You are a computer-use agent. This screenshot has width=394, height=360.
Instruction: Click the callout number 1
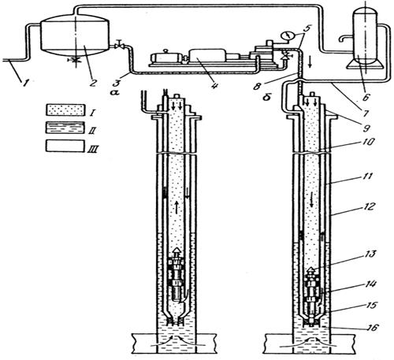(25, 84)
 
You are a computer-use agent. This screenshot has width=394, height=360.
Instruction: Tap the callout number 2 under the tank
(92, 84)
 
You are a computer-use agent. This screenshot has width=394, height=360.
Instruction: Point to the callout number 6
(366, 97)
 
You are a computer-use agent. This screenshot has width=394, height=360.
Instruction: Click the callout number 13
(370, 254)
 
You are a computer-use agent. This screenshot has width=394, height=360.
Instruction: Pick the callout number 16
(372, 328)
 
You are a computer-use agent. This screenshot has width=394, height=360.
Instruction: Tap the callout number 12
(368, 206)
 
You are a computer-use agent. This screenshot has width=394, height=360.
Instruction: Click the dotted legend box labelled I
(65, 109)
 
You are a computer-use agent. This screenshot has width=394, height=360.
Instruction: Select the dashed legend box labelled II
(65, 128)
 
